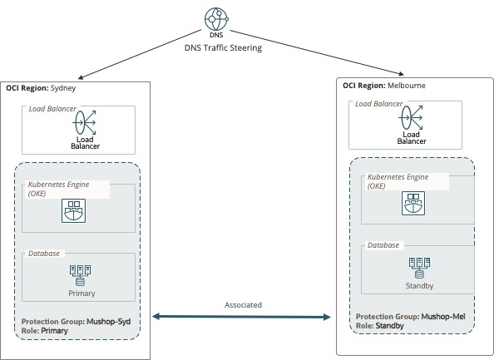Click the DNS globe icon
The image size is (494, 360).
tap(216, 19)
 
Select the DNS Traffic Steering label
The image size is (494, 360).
tap(223, 48)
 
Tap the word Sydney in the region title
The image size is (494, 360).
tap(63, 88)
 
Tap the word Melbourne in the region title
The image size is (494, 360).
tap(407, 86)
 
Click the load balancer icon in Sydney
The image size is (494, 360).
tap(85, 122)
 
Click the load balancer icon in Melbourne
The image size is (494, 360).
tap(411, 117)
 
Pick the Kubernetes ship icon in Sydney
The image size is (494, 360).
tap(73, 210)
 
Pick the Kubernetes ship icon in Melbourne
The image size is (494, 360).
tap(413, 204)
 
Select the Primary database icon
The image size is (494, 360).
tap(80, 275)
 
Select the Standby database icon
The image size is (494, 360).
tap(419, 268)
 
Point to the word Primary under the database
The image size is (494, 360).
tap(82, 293)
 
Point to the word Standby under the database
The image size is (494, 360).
tap(419, 286)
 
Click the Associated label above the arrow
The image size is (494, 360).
tap(243, 305)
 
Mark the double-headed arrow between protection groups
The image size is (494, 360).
tap(242, 317)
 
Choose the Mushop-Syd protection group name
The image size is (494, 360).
tap(109, 322)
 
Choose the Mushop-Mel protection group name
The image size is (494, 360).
tap(443, 317)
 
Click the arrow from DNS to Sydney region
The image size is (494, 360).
tap(140, 54)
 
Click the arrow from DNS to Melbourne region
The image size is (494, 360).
tap(317, 52)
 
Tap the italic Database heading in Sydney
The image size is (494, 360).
tap(44, 254)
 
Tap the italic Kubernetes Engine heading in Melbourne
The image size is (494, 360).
tap(398, 181)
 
